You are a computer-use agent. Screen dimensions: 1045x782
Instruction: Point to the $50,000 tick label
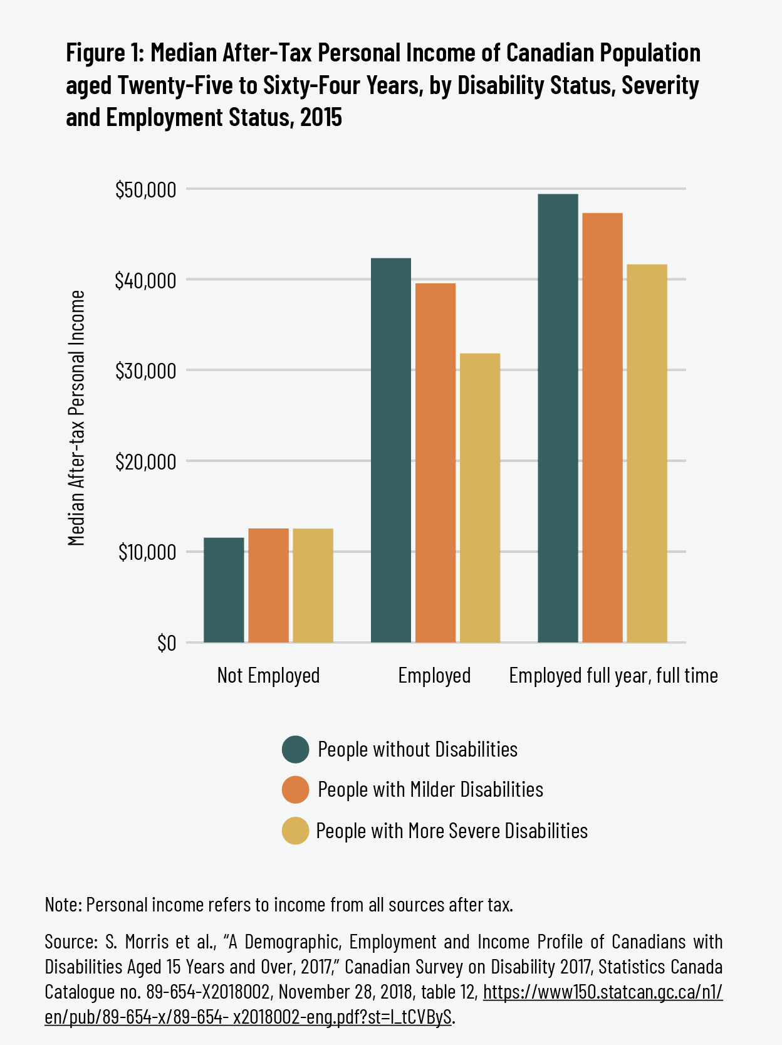pyautogui.click(x=145, y=189)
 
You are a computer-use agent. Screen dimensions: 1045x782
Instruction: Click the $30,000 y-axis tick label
pyautogui.click(x=145, y=371)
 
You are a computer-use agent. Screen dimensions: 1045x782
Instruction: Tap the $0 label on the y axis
pyautogui.click(x=166, y=643)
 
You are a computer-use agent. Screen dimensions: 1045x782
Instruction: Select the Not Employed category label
pyautogui.click(x=268, y=675)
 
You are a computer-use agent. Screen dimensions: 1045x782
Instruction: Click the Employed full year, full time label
pyautogui.click(x=613, y=675)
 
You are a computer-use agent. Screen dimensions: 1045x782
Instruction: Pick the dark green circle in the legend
pyautogui.click(x=296, y=749)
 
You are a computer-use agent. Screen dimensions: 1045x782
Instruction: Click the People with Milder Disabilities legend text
pyautogui.click(x=430, y=789)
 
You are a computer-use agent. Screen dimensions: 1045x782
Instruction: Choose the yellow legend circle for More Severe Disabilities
pyautogui.click(x=296, y=831)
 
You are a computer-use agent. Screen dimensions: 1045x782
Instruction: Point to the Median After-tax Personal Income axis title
pyautogui.click(x=76, y=417)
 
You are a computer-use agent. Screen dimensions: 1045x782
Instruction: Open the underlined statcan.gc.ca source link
pyautogui.click(x=603, y=992)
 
